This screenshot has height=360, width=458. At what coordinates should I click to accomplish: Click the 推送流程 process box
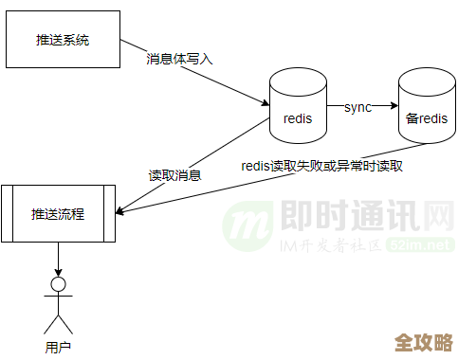click(x=58, y=214)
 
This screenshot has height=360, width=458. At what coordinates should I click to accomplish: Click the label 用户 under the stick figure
click(x=58, y=347)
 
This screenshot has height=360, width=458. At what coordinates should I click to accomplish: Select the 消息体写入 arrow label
click(x=179, y=58)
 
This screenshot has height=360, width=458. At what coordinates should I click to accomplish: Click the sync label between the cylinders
click(x=357, y=106)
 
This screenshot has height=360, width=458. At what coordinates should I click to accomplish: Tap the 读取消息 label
click(x=174, y=175)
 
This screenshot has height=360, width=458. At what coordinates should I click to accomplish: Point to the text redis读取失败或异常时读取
click(x=322, y=166)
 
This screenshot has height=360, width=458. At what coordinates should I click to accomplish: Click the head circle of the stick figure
click(x=58, y=284)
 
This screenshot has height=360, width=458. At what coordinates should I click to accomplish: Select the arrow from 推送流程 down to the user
click(x=58, y=258)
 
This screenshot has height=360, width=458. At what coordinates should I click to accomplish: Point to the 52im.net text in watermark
click(x=425, y=244)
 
